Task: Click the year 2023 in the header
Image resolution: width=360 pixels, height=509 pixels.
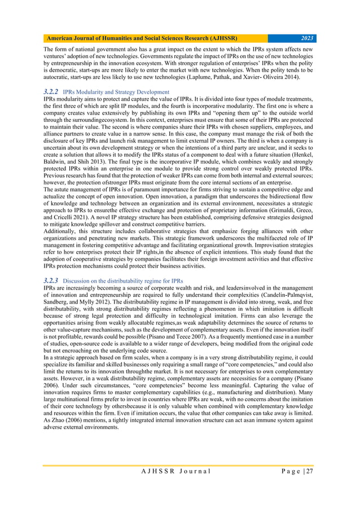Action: (x=308, y=38)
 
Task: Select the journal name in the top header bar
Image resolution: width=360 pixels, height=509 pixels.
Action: (x=142, y=38)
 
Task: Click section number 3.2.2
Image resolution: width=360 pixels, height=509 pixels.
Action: (x=51, y=91)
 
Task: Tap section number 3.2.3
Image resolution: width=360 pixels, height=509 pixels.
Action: (x=51, y=280)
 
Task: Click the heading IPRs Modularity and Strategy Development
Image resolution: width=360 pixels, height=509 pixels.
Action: (x=116, y=91)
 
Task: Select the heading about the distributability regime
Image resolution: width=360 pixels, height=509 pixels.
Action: (x=131, y=281)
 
